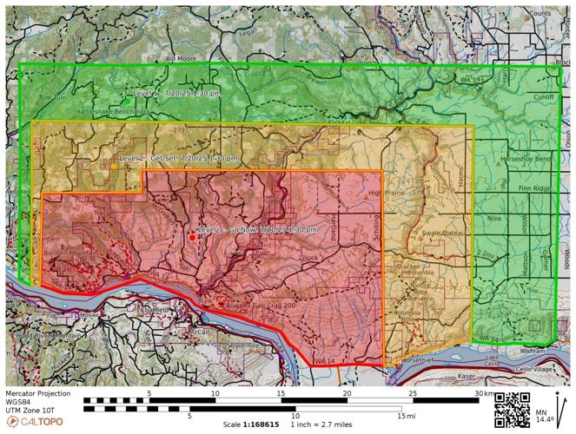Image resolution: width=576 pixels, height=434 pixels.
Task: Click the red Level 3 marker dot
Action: coord(192,237)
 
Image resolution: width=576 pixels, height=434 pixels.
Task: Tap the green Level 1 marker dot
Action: coord(128,101)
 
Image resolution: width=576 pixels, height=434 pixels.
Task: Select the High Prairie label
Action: coord(387,192)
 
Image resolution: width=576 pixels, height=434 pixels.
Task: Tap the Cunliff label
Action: coord(544,97)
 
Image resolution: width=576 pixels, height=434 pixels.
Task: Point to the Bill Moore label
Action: coord(182,58)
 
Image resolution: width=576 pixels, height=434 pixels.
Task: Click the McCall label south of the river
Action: coord(201,332)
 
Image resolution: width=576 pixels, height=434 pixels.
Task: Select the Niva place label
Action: coord(493,219)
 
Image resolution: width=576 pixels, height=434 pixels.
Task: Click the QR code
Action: coord(512,409)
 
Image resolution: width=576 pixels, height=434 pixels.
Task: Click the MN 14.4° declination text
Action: coord(541,415)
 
